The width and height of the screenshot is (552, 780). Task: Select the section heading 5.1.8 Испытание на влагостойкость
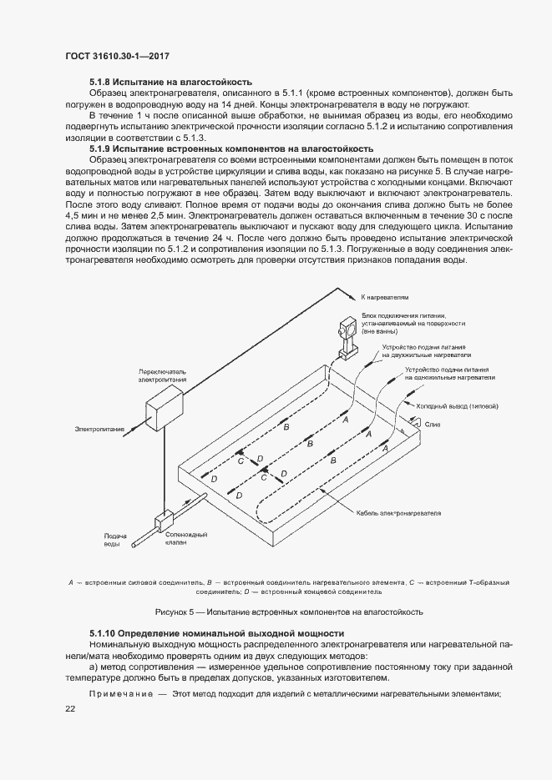170,82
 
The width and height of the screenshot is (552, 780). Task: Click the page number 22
70,708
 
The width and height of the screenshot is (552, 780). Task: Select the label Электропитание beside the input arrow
99,430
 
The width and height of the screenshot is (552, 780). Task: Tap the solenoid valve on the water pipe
163,520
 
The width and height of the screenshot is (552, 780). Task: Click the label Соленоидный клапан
186,538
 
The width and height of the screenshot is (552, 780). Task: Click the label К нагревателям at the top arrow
385,296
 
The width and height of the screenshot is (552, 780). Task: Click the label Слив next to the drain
433,425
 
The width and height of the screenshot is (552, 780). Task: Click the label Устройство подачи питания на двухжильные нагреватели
421,350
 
